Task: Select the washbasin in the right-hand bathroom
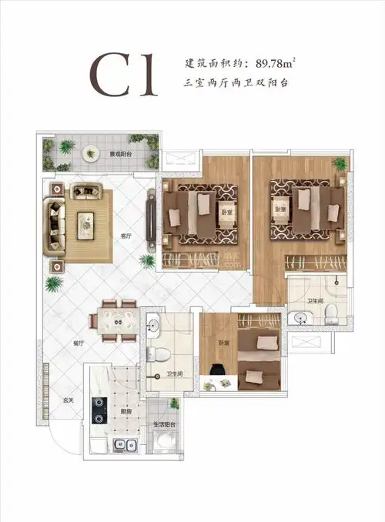297,316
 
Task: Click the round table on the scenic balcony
91,152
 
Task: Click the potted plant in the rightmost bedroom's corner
338,164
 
